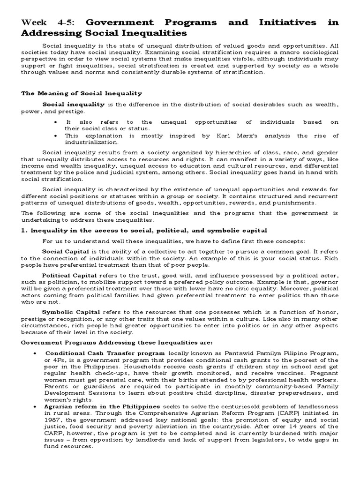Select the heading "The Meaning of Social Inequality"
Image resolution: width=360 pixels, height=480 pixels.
[x=82, y=93]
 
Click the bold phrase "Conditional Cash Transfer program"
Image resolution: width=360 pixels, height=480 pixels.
[x=105, y=352]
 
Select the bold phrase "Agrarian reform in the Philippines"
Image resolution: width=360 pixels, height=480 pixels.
[x=103, y=406]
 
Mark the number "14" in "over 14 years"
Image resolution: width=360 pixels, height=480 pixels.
[x=280, y=427]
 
